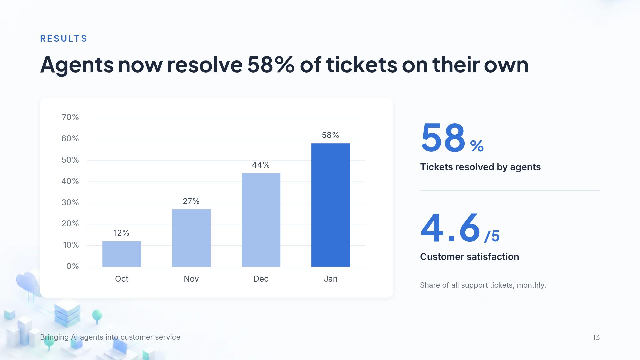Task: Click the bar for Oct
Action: [x=122, y=254]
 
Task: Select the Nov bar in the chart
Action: [x=191, y=238]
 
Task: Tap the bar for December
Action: [x=261, y=220]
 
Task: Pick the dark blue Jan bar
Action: [x=331, y=205]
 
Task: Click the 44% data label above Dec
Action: [x=261, y=165]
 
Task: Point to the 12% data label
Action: [x=121, y=233]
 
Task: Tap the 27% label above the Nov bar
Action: [x=191, y=201]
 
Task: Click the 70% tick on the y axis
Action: [x=70, y=117]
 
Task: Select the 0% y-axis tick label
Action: [x=73, y=266]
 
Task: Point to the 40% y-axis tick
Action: [x=70, y=181]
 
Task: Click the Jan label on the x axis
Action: [x=331, y=279]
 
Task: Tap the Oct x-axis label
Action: [x=122, y=279]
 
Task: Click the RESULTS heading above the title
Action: [x=64, y=39]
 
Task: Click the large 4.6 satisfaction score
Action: [x=451, y=228]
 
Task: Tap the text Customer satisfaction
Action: [x=469, y=257]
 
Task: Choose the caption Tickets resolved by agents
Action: [x=480, y=167]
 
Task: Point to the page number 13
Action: [x=596, y=337]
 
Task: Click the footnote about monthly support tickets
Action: [x=483, y=285]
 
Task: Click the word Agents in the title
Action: [x=77, y=65]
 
